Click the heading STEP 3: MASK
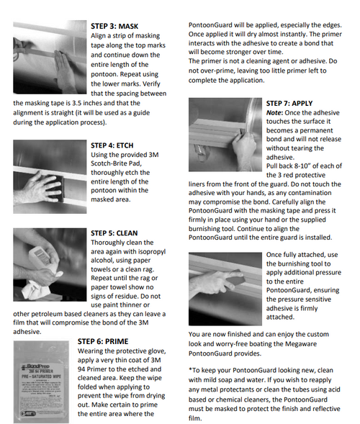pos(114,26)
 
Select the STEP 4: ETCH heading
pos(112,145)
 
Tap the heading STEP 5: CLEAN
pos(114,233)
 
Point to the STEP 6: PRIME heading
pos(103,341)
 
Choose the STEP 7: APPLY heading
pos(289,103)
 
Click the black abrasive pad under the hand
pos(55,188)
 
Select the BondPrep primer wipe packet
pos(41,382)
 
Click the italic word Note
pos(274,113)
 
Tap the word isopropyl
pos(152,252)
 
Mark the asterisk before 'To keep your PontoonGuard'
pos(190,369)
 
